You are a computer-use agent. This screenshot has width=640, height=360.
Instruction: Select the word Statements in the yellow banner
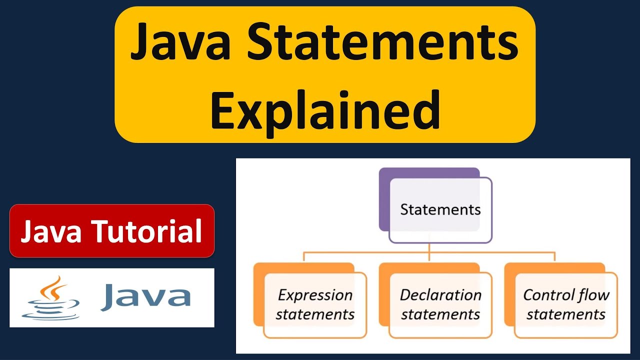coord(383,44)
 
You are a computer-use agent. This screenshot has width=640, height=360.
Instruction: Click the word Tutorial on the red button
coord(148,231)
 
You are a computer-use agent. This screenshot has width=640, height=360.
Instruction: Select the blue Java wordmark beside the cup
coord(145,296)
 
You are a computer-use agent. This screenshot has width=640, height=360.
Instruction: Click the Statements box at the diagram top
coord(440,209)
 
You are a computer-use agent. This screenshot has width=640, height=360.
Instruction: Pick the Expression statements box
coord(315,304)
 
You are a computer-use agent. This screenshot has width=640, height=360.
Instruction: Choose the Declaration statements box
coord(440,304)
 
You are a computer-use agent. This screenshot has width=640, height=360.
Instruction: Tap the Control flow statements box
coord(566,304)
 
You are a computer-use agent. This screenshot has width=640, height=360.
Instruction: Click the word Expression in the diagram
coord(315,295)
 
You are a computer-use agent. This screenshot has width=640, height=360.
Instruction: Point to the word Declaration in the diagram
coord(440,295)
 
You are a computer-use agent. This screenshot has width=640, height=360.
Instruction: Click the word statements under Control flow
coord(566,314)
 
